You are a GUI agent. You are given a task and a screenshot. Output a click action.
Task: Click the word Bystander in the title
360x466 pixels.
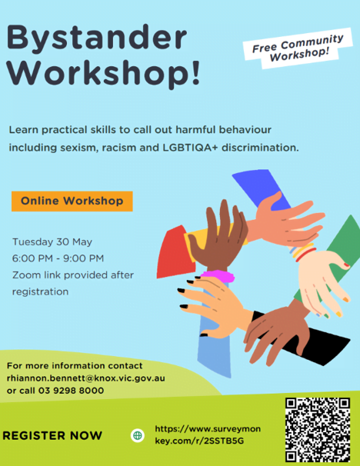click(97, 38)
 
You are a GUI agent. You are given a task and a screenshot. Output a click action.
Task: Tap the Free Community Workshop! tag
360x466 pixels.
click(298, 48)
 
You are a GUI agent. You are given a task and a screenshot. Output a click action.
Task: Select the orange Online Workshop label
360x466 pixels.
click(72, 201)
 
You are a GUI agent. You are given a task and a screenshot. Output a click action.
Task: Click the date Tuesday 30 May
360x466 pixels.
click(52, 242)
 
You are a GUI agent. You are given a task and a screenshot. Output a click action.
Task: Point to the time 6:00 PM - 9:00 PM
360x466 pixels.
click(58, 258)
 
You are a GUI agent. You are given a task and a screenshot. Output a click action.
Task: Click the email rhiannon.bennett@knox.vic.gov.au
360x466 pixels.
click(86, 378)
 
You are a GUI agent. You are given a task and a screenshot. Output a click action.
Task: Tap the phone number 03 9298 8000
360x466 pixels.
click(71, 391)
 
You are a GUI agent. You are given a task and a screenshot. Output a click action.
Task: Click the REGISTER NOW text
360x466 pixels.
click(52, 436)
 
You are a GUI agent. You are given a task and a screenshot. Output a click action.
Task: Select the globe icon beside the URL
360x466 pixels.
click(138, 435)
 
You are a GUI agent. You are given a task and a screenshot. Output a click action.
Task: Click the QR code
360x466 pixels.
click(318, 430)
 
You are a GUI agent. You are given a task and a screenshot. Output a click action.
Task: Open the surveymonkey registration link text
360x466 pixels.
click(208, 434)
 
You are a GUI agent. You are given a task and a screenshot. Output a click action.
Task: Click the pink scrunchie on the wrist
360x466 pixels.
click(218, 276)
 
